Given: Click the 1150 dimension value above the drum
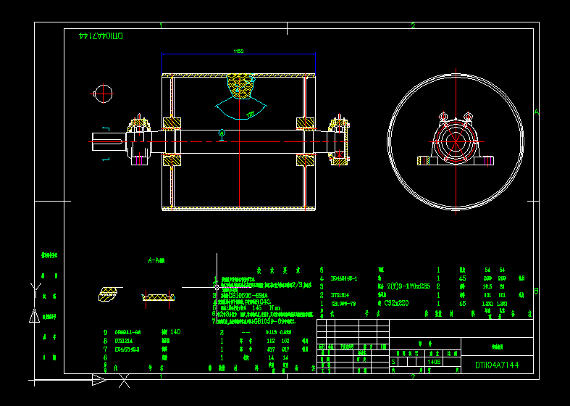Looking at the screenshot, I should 238,51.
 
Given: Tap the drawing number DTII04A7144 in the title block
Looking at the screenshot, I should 496,365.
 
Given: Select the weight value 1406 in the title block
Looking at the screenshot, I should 434,361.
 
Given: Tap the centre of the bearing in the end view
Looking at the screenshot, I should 455,141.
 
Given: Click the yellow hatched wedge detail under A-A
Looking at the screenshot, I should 108,294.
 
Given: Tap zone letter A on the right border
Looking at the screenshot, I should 536,112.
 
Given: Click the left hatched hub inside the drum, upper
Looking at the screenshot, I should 172,123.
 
